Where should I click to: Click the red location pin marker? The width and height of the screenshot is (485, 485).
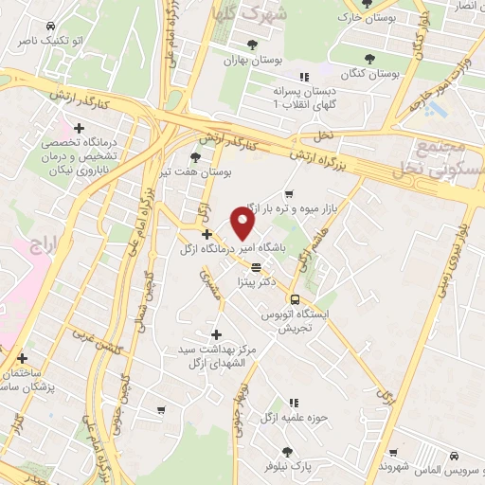tap(243, 224)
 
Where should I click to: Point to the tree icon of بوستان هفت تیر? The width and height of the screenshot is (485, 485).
tap(195, 157)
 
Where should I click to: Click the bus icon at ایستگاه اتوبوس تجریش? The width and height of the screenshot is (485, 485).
tap(293, 298)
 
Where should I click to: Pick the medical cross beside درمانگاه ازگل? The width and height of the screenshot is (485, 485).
tap(207, 234)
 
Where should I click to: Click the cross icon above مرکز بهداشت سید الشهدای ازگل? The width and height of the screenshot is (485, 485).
tap(217, 334)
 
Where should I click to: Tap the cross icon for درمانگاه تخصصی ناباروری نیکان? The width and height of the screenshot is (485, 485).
tap(79, 127)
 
